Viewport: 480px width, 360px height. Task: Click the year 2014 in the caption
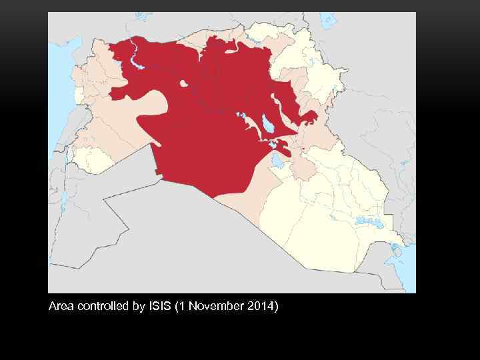(261, 307)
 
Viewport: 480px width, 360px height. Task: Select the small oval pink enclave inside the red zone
(183, 83)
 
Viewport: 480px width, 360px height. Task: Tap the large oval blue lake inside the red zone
(267, 123)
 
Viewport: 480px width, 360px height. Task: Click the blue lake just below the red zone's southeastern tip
(277, 160)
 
